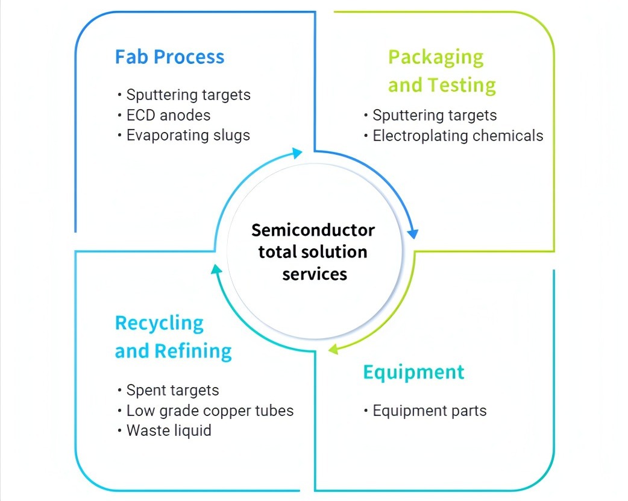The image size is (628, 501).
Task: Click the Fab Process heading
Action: tap(169, 57)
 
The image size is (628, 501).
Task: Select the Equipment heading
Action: tap(413, 372)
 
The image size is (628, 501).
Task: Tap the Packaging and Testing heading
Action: tap(441, 71)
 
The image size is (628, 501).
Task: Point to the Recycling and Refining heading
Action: tap(173, 337)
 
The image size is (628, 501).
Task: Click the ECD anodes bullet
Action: tap(168, 115)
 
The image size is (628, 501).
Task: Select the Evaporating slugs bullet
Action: tap(187, 135)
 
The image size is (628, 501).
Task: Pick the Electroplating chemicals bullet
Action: tap(457, 136)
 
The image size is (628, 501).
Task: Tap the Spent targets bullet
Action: tap(172, 391)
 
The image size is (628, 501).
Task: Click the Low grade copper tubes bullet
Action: tap(210, 411)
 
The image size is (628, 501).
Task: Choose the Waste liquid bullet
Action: tap(169, 431)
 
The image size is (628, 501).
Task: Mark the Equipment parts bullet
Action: tap(429, 411)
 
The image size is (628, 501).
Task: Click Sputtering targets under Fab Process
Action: tap(188, 95)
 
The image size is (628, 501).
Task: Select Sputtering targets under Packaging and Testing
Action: tap(435, 115)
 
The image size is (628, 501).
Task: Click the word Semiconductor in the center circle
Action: tap(313, 230)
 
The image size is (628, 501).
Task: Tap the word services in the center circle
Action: tap(315, 274)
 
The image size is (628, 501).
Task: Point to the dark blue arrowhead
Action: tap(413, 233)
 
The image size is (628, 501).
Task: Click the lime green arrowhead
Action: tap(333, 348)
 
